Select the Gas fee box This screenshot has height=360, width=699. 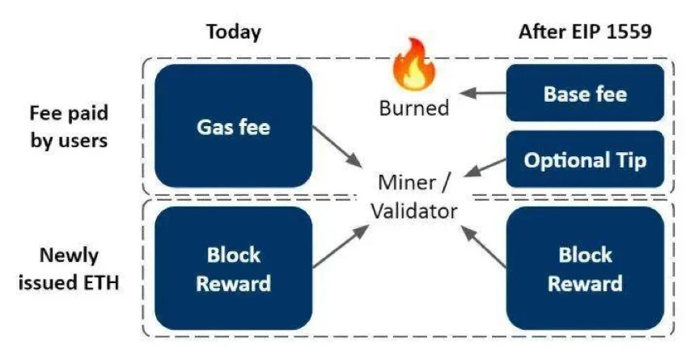[232, 126]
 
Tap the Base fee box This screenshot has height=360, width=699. [585, 94]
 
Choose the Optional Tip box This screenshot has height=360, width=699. [585, 159]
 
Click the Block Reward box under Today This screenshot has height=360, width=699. [232, 269]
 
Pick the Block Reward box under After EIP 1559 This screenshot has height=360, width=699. [585, 269]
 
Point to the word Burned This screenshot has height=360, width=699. [413, 108]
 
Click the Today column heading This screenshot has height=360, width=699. [234, 32]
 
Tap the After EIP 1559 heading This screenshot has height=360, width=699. [586, 32]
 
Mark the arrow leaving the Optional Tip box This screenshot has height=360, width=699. [477, 167]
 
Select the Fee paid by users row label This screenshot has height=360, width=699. [70, 125]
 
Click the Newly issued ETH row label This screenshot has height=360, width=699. [70, 269]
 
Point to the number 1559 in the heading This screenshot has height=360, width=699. [629, 32]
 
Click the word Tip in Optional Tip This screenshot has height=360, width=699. [629, 160]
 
